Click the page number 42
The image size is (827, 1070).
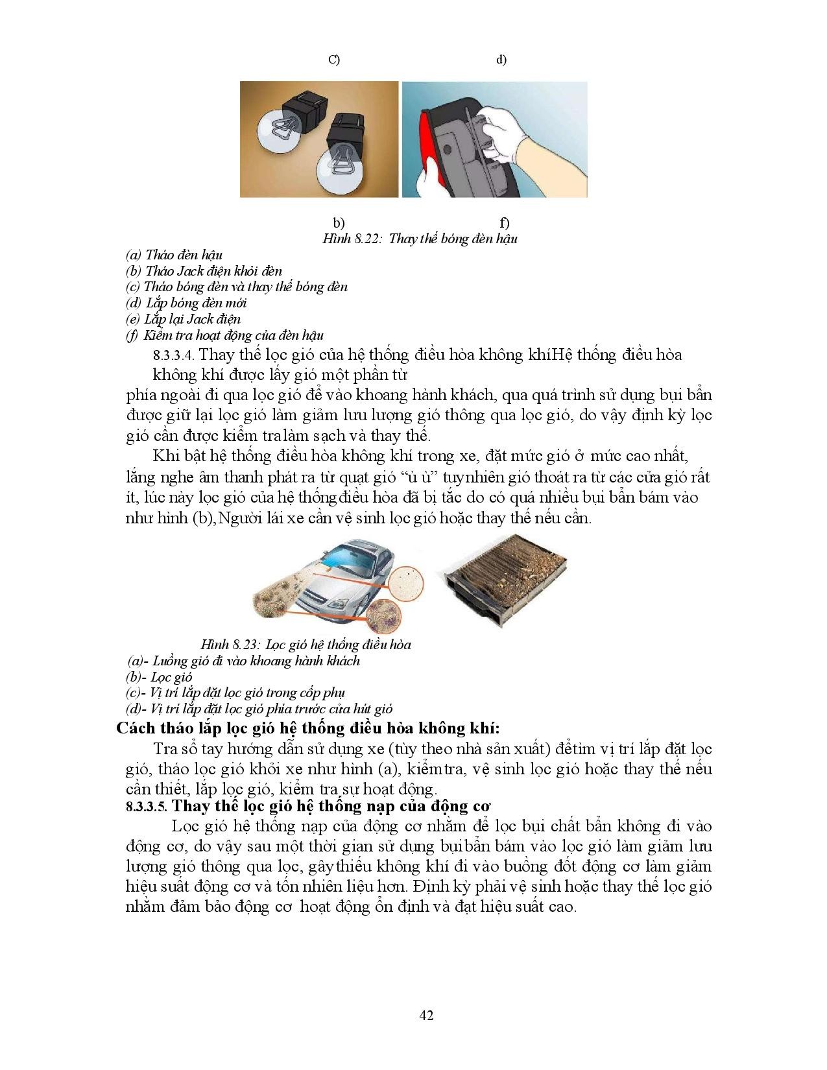click(x=426, y=1015)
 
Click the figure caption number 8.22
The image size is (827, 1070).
click(x=368, y=239)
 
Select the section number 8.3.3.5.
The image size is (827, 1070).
click(x=147, y=807)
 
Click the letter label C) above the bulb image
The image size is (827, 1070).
click(x=334, y=60)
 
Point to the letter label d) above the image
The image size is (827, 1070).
click(x=501, y=60)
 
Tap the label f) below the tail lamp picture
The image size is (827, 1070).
click(x=504, y=223)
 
